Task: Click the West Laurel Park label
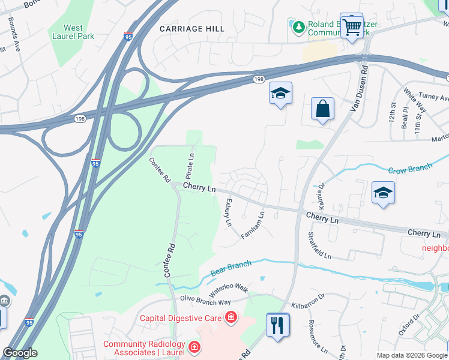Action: (x=73, y=32)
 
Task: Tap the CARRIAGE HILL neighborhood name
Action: (x=192, y=29)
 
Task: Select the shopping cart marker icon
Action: (x=352, y=25)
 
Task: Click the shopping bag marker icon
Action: (x=322, y=109)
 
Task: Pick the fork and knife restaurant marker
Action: (x=277, y=326)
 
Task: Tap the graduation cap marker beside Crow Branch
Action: (x=383, y=193)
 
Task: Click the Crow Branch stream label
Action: (x=410, y=169)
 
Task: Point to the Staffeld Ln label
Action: (x=319, y=245)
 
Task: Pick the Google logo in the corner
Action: (x=20, y=353)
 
